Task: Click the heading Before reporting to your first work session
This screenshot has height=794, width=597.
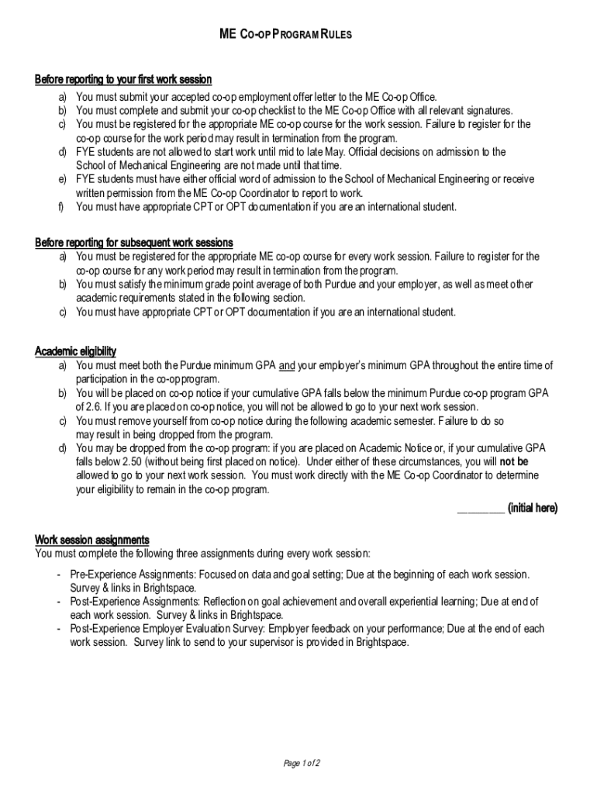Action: pyautogui.click(x=123, y=80)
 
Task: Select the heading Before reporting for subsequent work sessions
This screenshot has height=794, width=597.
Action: pyautogui.click(x=134, y=243)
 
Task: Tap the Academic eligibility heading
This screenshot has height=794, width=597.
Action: pyautogui.click(x=76, y=351)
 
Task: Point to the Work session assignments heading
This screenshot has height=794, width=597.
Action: pyautogui.click(x=92, y=540)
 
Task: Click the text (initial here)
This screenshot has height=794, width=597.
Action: pyautogui.click(x=532, y=508)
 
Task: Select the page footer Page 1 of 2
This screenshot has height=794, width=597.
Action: pyautogui.click(x=302, y=764)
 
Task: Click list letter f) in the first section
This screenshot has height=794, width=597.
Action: pyautogui.click(x=60, y=207)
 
